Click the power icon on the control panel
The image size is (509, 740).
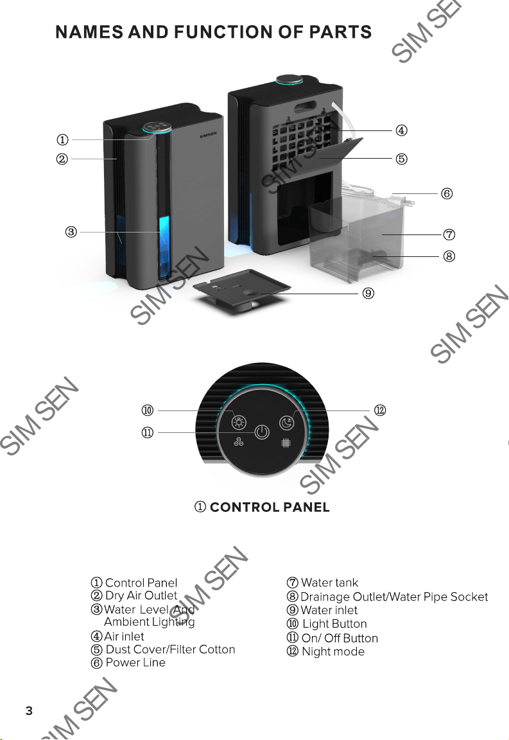pos(263,432)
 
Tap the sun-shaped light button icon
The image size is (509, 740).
pos(239,421)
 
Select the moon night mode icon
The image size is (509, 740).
pos(286,423)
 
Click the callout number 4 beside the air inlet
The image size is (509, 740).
pos(401,130)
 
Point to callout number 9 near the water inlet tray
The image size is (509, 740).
pos(368,293)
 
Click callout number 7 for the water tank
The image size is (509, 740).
pos(449,234)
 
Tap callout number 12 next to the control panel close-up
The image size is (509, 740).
pos(380,410)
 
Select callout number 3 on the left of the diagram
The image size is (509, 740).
pos(71,232)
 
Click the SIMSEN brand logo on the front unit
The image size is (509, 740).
pos(208,134)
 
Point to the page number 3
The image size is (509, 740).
pos(30,710)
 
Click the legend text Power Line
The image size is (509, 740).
pos(135,662)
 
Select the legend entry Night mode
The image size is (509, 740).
pos(333,651)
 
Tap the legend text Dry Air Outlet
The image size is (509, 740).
pos(141,595)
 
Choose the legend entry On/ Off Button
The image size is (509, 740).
pos(340,638)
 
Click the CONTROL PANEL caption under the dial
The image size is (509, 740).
pos(270,507)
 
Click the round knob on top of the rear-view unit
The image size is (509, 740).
pos(289,80)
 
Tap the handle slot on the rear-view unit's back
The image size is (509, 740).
pos(306,108)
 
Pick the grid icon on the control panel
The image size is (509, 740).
pos(286,443)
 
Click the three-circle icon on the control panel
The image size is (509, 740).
pos(239,442)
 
